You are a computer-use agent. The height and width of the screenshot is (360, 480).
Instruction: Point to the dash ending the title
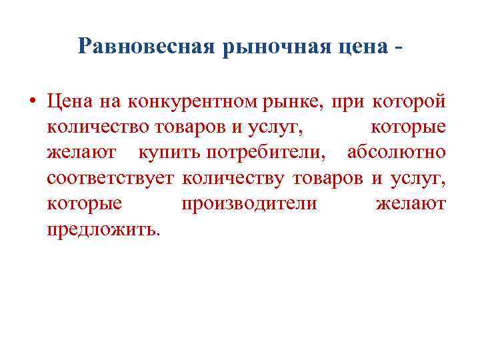pyautogui.click(x=399, y=48)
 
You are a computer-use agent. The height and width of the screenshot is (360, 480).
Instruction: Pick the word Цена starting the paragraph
pyautogui.click(x=69, y=102)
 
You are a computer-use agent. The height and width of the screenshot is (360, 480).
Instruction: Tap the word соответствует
pyautogui.click(x=111, y=178)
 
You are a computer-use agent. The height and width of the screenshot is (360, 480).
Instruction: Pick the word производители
pyautogui.click(x=249, y=203)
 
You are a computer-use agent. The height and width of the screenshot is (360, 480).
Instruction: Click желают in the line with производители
pyautogui.click(x=411, y=203)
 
